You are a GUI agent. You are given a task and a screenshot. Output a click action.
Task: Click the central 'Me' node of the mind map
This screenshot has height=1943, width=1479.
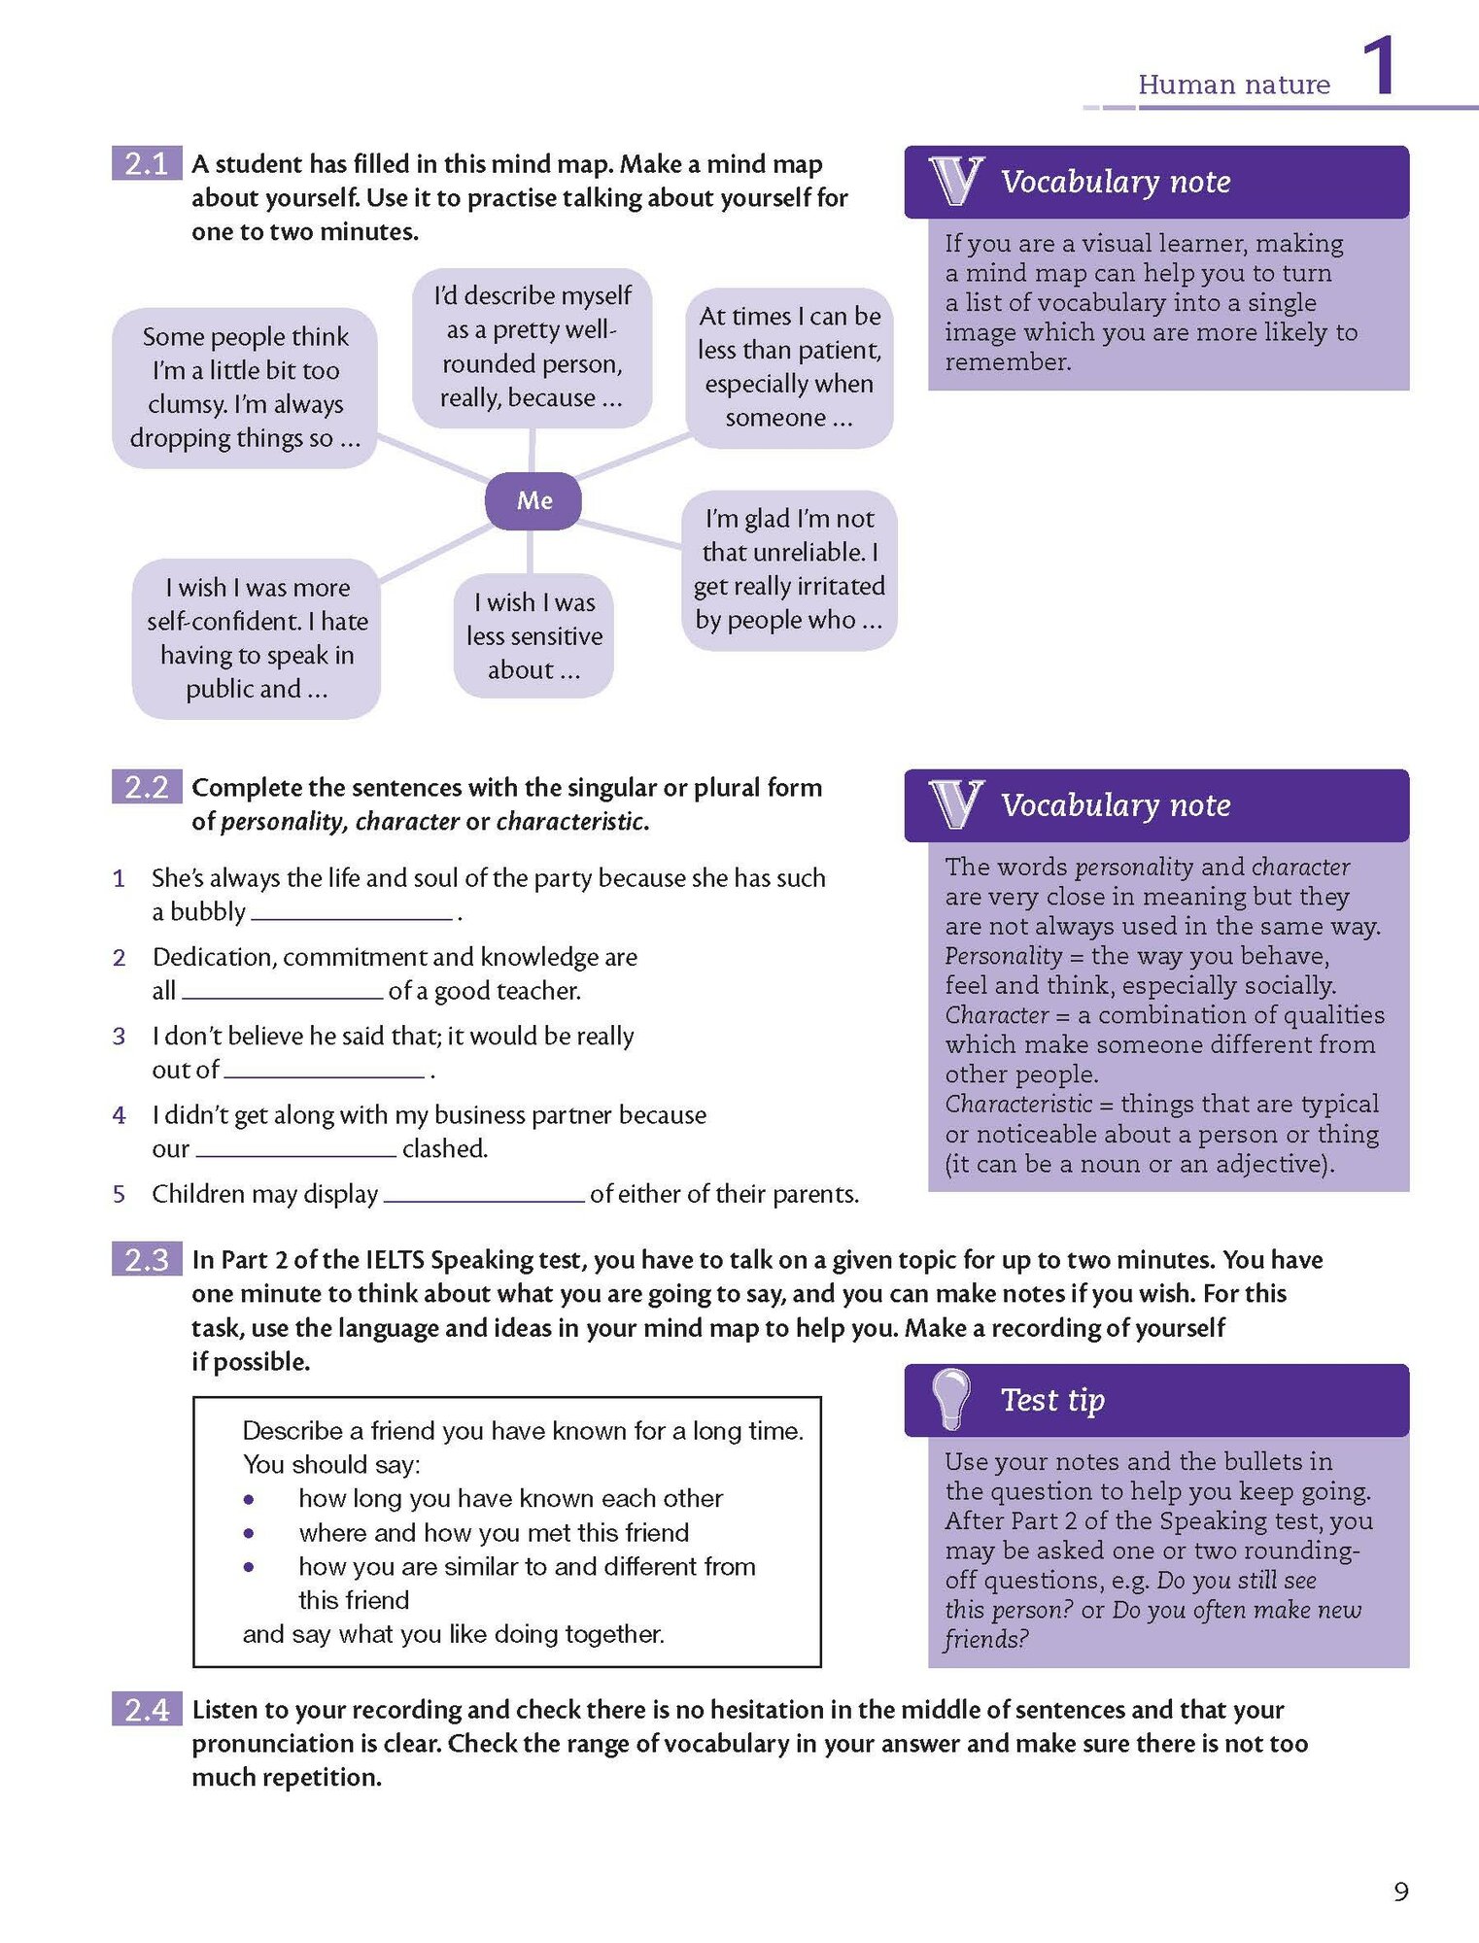[533, 500]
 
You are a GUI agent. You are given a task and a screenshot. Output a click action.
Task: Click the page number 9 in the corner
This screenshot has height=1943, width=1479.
[1400, 1891]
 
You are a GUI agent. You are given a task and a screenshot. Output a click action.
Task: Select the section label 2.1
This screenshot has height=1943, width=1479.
[147, 163]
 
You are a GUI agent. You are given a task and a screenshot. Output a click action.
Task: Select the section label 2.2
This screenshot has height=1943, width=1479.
[147, 786]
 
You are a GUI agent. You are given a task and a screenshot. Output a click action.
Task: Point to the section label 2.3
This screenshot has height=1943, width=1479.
[147, 1259]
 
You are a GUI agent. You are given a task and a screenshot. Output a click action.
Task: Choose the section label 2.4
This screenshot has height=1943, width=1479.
[147, 1709]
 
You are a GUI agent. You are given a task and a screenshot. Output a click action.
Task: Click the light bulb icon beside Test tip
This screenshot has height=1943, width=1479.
[951, 1398]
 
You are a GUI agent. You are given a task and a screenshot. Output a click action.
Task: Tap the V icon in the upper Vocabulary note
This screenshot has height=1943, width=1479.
[956, 181]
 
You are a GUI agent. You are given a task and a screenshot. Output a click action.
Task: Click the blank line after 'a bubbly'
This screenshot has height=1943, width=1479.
[352, 913]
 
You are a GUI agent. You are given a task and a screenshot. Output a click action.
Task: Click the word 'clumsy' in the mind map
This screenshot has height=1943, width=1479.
[188, 403]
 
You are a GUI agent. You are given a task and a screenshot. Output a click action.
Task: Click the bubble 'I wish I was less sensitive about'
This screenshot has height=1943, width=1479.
[533, 635]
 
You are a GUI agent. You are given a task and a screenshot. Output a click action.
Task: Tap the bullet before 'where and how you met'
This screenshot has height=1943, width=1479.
[250, 1533]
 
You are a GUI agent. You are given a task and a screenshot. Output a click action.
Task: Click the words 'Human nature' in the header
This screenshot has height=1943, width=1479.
[1234, 85]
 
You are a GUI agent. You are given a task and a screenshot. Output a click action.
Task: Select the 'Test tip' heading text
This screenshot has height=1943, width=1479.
[1052, 1399]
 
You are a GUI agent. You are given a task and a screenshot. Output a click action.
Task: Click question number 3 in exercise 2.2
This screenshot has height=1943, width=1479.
[119, 1037]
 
